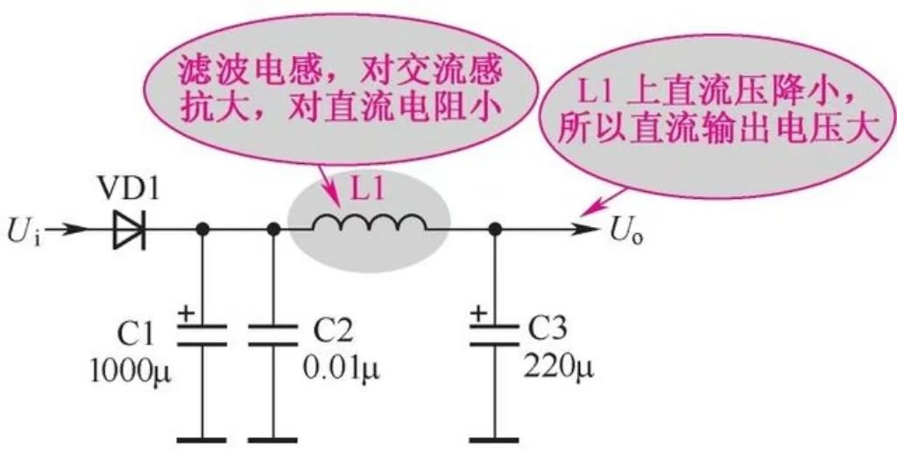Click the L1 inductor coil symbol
pos(369,226)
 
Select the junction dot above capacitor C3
pos(495,230)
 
